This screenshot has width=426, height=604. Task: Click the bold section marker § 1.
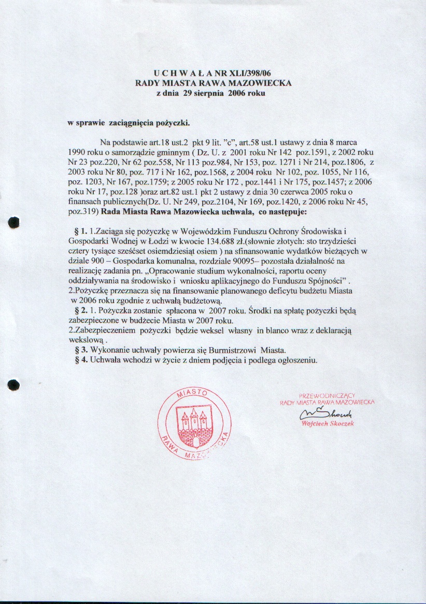pyautogui.click(x=79, y=231)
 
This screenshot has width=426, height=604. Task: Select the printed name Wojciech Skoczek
pyautogui.click(x=327, y=424)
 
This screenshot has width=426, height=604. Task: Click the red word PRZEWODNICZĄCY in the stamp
pyautogui.click(x=326, y=395)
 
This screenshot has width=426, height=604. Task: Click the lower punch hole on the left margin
pyautogui.click(x=15, y=384)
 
